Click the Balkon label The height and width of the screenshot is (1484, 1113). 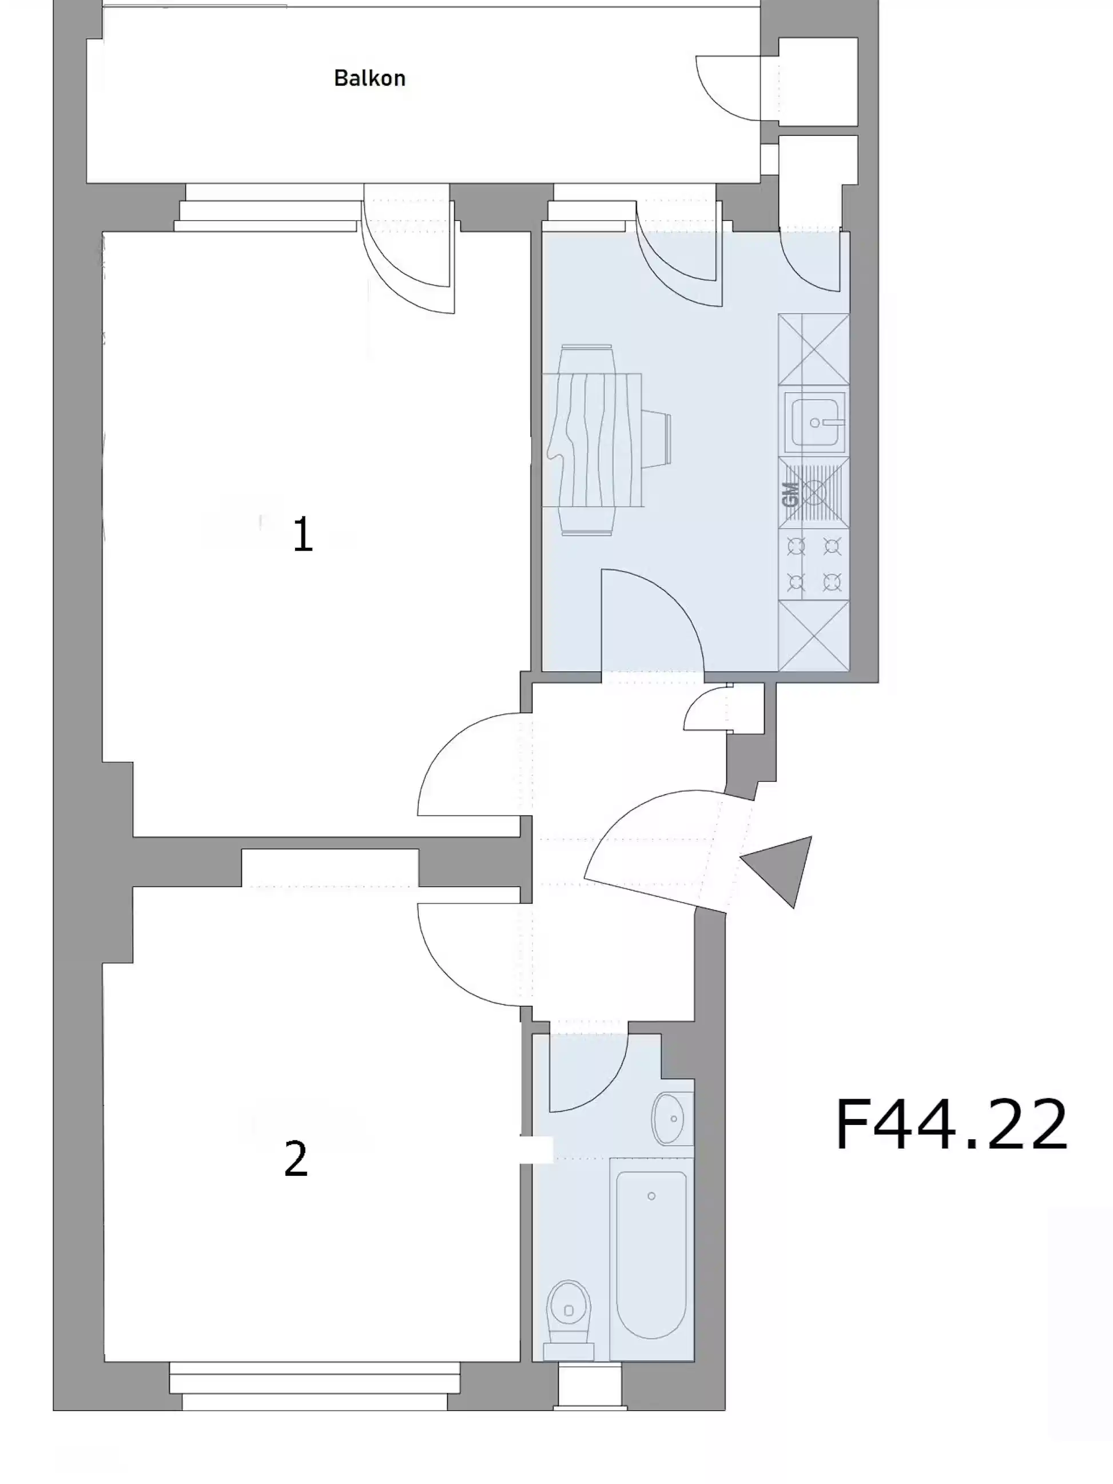pos(369,78)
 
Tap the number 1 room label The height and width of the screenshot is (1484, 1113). pos(303,535)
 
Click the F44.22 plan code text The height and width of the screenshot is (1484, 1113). pos(951,1124)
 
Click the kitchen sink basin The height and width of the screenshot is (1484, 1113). pos(814,422)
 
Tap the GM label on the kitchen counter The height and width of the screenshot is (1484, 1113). pos(790,495)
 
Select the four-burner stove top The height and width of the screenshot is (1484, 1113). pos(814,564)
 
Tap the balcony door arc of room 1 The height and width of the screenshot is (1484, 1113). pos(410,258)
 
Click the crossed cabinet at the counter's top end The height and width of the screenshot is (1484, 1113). pos(814,349)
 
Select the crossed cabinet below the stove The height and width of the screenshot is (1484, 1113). pos(814,635)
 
